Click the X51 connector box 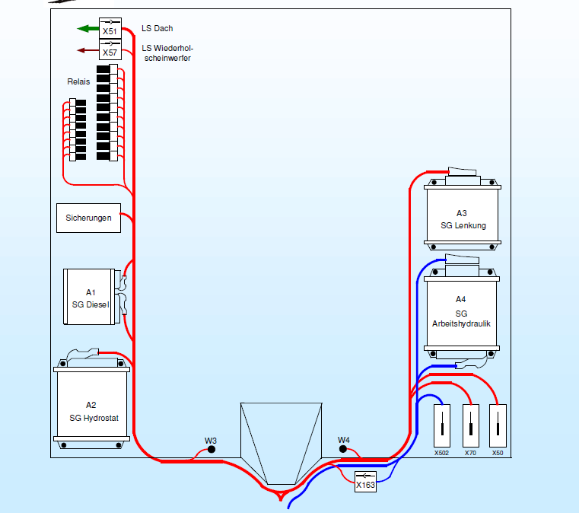click(110, 27)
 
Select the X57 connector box click(110, 49)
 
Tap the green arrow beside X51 click(88, 28)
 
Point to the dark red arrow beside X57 click(88, 50)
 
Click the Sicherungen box click(88, 218)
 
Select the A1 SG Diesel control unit click(91, 297)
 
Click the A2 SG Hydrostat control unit click(91, 403)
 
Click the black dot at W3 click(212, 449)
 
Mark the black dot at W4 click(343, 449)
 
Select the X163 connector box click(365, 482)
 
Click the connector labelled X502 click(441, 425)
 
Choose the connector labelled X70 click(471, 425)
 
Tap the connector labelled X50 click(498, 425)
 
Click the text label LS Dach click(157, 28)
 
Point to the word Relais click(78, 81)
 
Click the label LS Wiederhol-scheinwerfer click(167, 53)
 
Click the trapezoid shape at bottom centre click(281, 443)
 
